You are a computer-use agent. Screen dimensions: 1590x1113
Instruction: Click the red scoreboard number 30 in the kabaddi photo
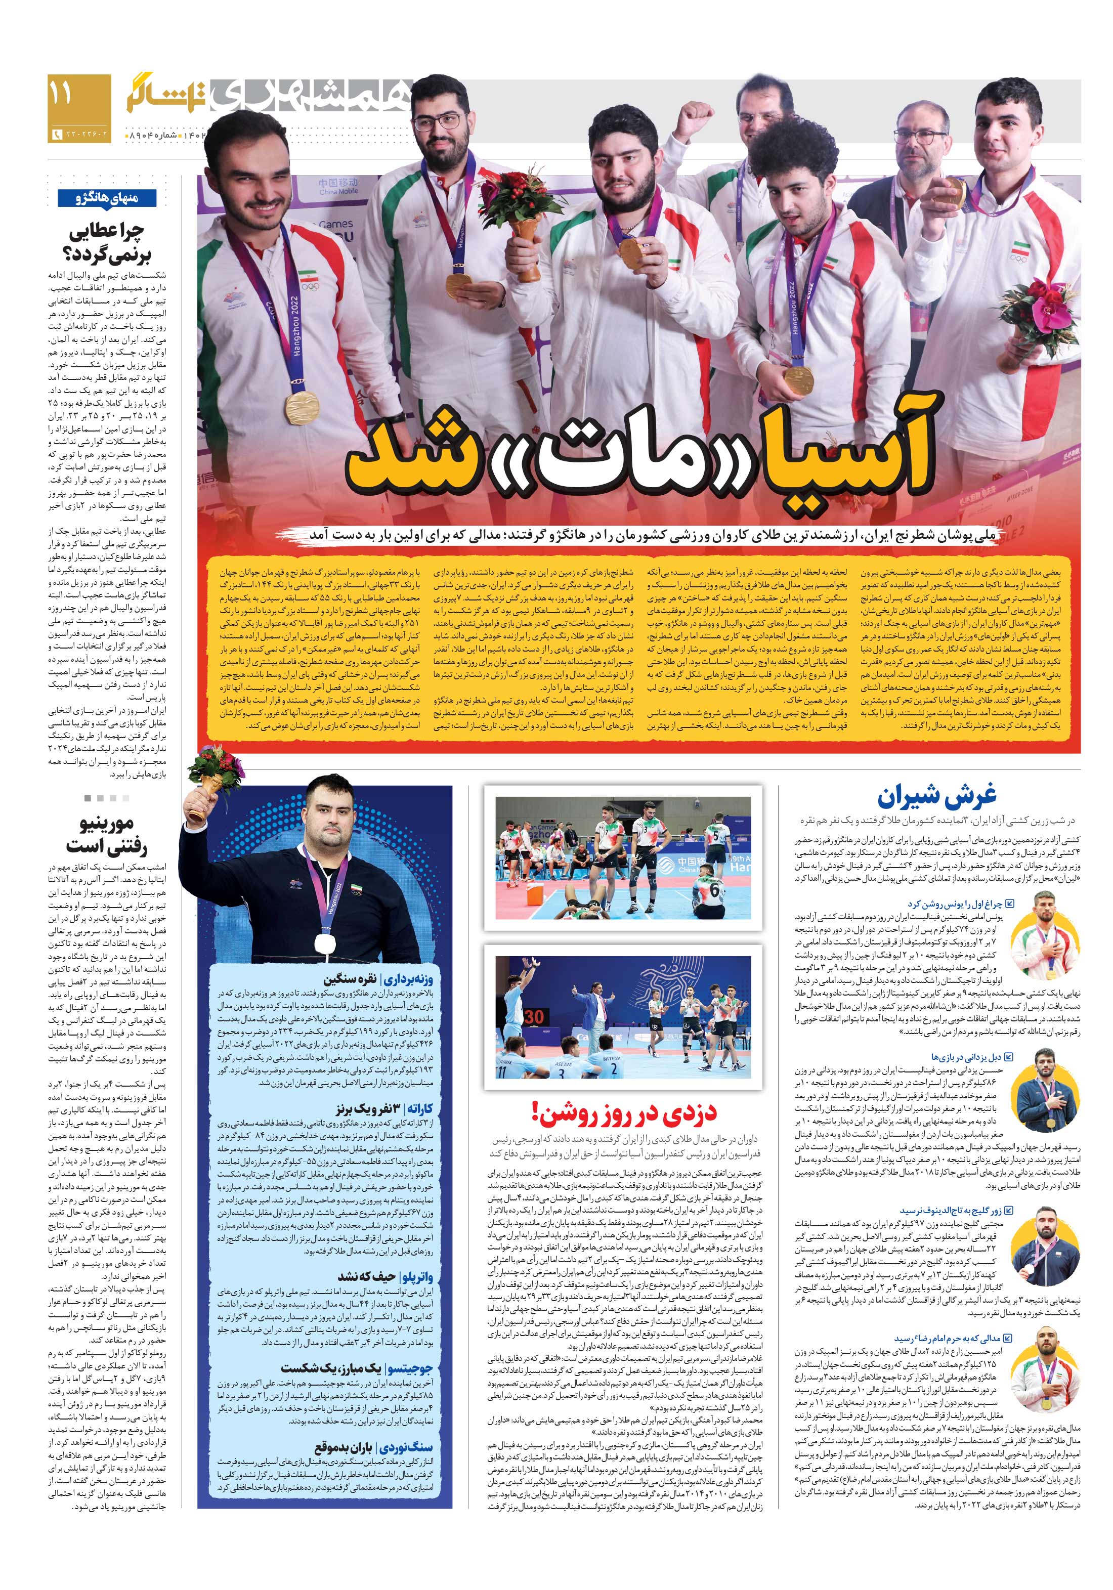pyautogui.click(x=533, y=1017)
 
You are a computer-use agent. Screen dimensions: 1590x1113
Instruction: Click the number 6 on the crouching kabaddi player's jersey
pyautogui.click(x=713, y=892)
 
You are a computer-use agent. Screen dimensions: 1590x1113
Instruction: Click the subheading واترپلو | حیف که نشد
pyautogui.click(x=386, y=1276)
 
